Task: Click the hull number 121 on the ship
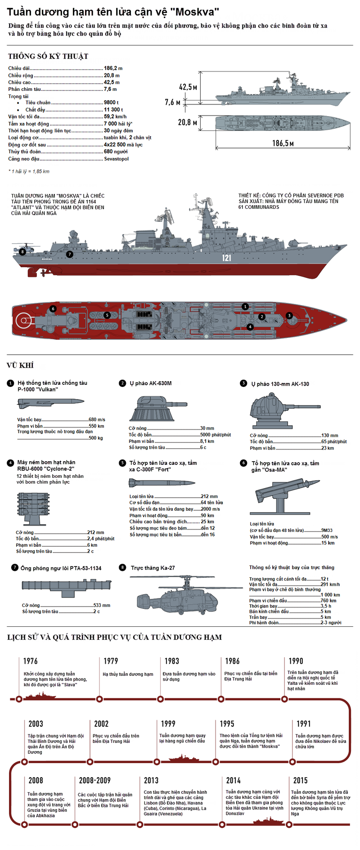coord(226,258)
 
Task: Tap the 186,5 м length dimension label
coord(283,143)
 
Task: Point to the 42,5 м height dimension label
coord(188,87)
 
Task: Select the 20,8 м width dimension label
coord(188,122)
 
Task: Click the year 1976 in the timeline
coord(30,661)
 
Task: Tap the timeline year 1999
coord(168,724)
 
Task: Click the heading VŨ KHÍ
coord(20,365)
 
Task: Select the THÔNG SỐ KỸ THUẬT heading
coord(48,56)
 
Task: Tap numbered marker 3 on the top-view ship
coord(289,316)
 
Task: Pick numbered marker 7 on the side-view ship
coord(69,254)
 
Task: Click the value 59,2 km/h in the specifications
coord(115,117)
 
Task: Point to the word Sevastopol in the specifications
coord(116,159)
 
